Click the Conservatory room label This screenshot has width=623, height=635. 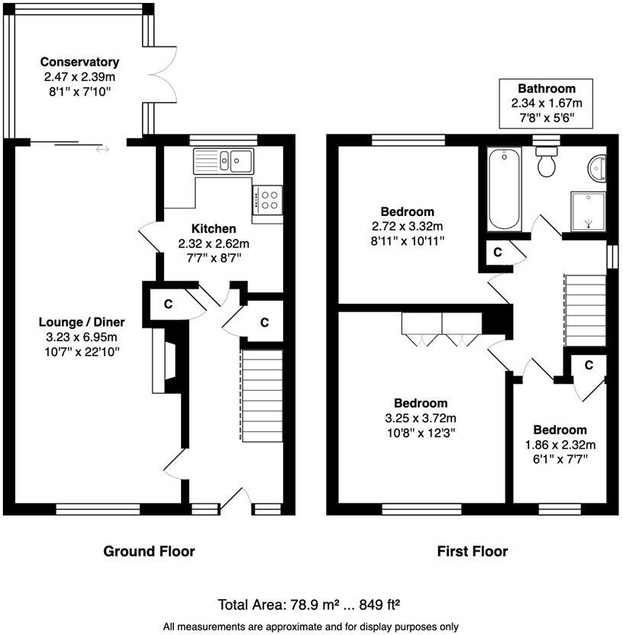tap(79, 62)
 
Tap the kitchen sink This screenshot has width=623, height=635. tap(228, 160)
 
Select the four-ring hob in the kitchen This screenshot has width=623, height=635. tap(269, 200)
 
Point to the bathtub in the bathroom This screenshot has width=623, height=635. tap(505, 189)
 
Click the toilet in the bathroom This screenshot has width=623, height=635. tap(547, 163)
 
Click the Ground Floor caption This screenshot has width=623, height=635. tap(149, 551)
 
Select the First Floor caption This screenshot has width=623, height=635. tap(472, 551)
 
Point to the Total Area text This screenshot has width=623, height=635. tap(309, 606)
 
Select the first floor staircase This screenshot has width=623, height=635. tap(586, 300)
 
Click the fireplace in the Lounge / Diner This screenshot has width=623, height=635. tap(161, 359)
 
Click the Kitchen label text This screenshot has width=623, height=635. tap(213, 228)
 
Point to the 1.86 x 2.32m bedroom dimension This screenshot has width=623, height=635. tap(560, 444)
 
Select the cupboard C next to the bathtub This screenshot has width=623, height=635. tap(496, 253)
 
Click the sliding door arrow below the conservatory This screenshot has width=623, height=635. tap(102, 149)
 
